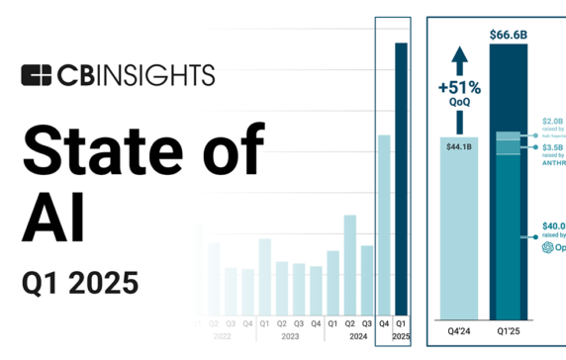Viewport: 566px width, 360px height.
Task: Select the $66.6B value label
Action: (509, 36)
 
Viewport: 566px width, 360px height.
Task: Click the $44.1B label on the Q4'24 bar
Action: (458, 147)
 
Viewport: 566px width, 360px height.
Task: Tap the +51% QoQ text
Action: (458, 93)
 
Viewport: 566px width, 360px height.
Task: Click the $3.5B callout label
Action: (552, 146)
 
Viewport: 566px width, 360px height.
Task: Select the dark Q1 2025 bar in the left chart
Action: (401, 178)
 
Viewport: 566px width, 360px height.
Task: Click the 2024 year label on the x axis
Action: (358, 337)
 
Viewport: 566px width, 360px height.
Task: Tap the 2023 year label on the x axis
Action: (290, 337)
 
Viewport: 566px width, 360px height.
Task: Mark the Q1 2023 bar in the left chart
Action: (264, 277)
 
